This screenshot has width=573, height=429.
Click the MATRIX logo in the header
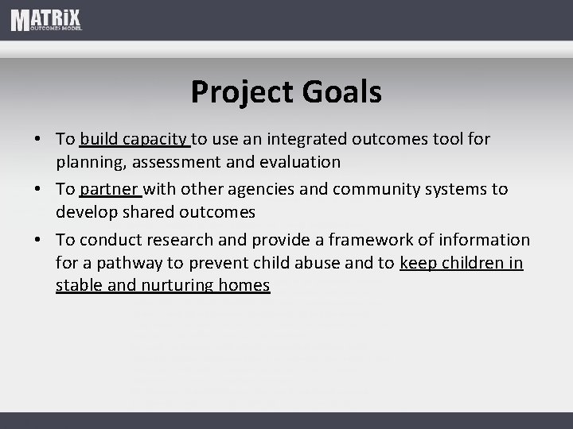point(46,20)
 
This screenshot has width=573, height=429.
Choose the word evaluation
point(302,162)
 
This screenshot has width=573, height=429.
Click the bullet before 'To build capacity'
point(38,140)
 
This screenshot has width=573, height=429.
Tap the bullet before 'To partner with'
point(38,190)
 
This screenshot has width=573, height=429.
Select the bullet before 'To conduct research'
point(38,240)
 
